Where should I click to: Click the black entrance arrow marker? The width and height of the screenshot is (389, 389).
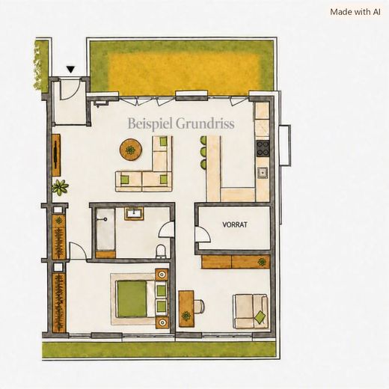(x=71, y=70)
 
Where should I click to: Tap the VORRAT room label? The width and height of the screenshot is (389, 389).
(x=235, y=224)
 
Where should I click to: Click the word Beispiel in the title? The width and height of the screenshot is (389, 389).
(x=150, y=123)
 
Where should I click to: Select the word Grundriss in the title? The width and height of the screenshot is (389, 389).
(x=205, y=123)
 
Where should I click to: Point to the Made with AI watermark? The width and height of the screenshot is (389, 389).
(x=355, y=12)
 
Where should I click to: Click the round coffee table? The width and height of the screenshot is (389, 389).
(x=131, y=150)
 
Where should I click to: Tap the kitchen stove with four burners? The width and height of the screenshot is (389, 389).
(x=263, y=149)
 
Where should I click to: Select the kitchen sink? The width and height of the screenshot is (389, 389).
(x=263, y=173)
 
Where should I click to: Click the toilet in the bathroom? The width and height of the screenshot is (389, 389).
(x=160, y=251)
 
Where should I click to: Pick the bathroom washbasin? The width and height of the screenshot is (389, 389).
(x=134, y=214)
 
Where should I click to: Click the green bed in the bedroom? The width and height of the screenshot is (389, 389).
(x=132, y=299)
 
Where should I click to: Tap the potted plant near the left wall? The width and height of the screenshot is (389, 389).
(x=60, y=187)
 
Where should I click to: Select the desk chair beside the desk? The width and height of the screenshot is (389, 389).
(x=200, y=306)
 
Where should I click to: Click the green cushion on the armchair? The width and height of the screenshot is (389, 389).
(x=260, y=317)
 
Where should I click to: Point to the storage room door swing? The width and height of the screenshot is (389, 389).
(x=203, y=234)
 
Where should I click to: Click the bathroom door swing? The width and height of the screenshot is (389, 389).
(x=166, y=229)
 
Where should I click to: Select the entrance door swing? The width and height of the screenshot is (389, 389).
(x=70, y=89)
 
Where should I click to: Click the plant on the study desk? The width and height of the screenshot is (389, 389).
(x=186, y=316)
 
